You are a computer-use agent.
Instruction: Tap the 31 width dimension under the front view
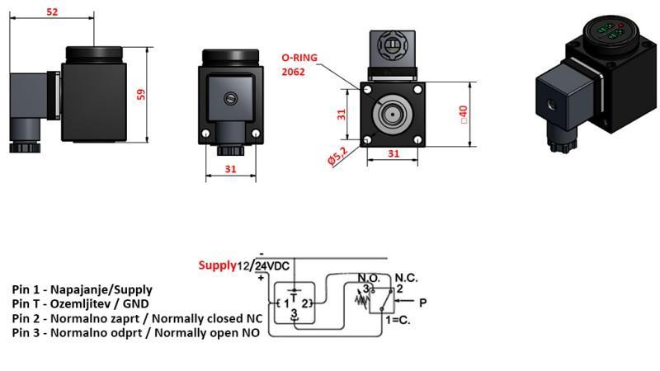point(230,169)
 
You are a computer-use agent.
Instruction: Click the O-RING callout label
point(299,59)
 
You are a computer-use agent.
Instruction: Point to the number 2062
point(293,72)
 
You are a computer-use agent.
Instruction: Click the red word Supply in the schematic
point(217,265)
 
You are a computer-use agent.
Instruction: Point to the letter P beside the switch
point(422,303)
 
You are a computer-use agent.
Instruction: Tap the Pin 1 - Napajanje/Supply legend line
point(82,289)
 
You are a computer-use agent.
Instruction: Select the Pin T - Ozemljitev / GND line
point(80,303)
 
